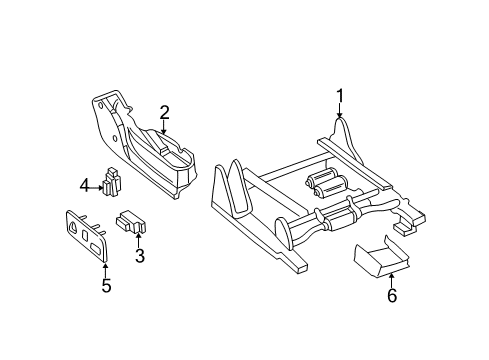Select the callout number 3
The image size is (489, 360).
(x=140, y=257)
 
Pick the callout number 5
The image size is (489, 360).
(x=105, y=288)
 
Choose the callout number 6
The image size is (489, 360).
(x=391, y=295)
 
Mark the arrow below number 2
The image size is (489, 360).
(x=164, y=127)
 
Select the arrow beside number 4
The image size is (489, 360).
(x=97, y=184)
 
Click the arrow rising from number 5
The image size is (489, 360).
(x=105, y=268)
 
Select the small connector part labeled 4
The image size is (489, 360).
(x=113, y=181)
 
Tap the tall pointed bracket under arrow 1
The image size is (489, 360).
(x=340, y=140)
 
